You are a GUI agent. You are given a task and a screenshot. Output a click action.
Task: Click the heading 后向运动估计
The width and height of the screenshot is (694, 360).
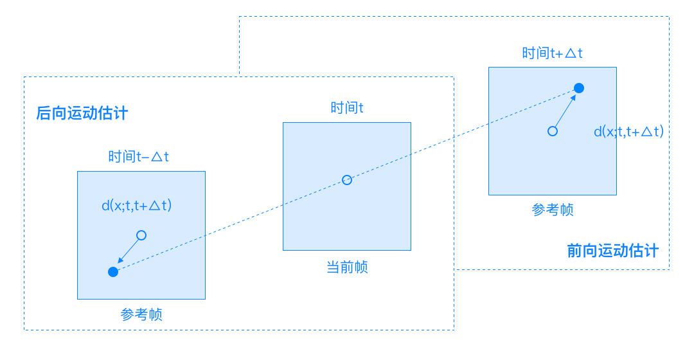[82, 114]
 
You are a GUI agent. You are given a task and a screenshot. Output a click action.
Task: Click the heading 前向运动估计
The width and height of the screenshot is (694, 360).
[612, 250]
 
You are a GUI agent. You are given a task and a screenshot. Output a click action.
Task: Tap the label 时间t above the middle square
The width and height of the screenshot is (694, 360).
[347, 107]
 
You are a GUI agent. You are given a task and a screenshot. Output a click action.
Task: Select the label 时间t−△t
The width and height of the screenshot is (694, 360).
[139, 156]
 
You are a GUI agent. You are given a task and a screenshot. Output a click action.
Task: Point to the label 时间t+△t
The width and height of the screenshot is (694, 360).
[552, 53]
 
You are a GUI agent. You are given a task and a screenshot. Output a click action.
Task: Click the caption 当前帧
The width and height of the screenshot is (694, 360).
[347, 267]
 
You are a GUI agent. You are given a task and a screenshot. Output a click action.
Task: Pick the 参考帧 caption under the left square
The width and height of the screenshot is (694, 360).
[141, 315]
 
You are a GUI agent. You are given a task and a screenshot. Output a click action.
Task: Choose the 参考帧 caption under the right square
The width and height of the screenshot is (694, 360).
[553, 210]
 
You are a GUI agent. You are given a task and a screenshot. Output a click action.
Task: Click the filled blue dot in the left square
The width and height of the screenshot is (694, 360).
[113, 272]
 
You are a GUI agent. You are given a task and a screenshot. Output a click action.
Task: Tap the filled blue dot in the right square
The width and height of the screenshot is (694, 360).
[578, 88]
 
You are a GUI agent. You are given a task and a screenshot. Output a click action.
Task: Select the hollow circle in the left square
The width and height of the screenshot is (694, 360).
[141, 235]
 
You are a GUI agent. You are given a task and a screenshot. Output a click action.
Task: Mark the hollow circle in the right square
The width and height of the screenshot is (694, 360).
[552, 131]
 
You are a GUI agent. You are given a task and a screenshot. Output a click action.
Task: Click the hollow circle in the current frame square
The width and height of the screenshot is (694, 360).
[347, 180]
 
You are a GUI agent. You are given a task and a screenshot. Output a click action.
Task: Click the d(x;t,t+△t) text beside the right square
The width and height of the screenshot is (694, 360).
[628, 131]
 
